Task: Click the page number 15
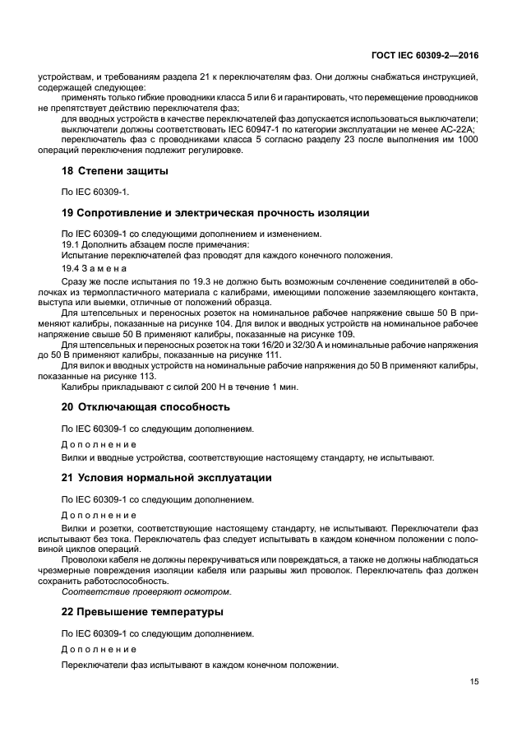pyautogui.click(x=474, y=681)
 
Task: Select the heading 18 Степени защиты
pyautogui.click(x=115, y=171)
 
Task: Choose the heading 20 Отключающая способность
pyautogui.click(x=145, y=406)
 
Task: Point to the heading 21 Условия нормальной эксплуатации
pyautogui.click(x=167, y=478)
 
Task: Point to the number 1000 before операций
pyautogui.click(x=462, y=140)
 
